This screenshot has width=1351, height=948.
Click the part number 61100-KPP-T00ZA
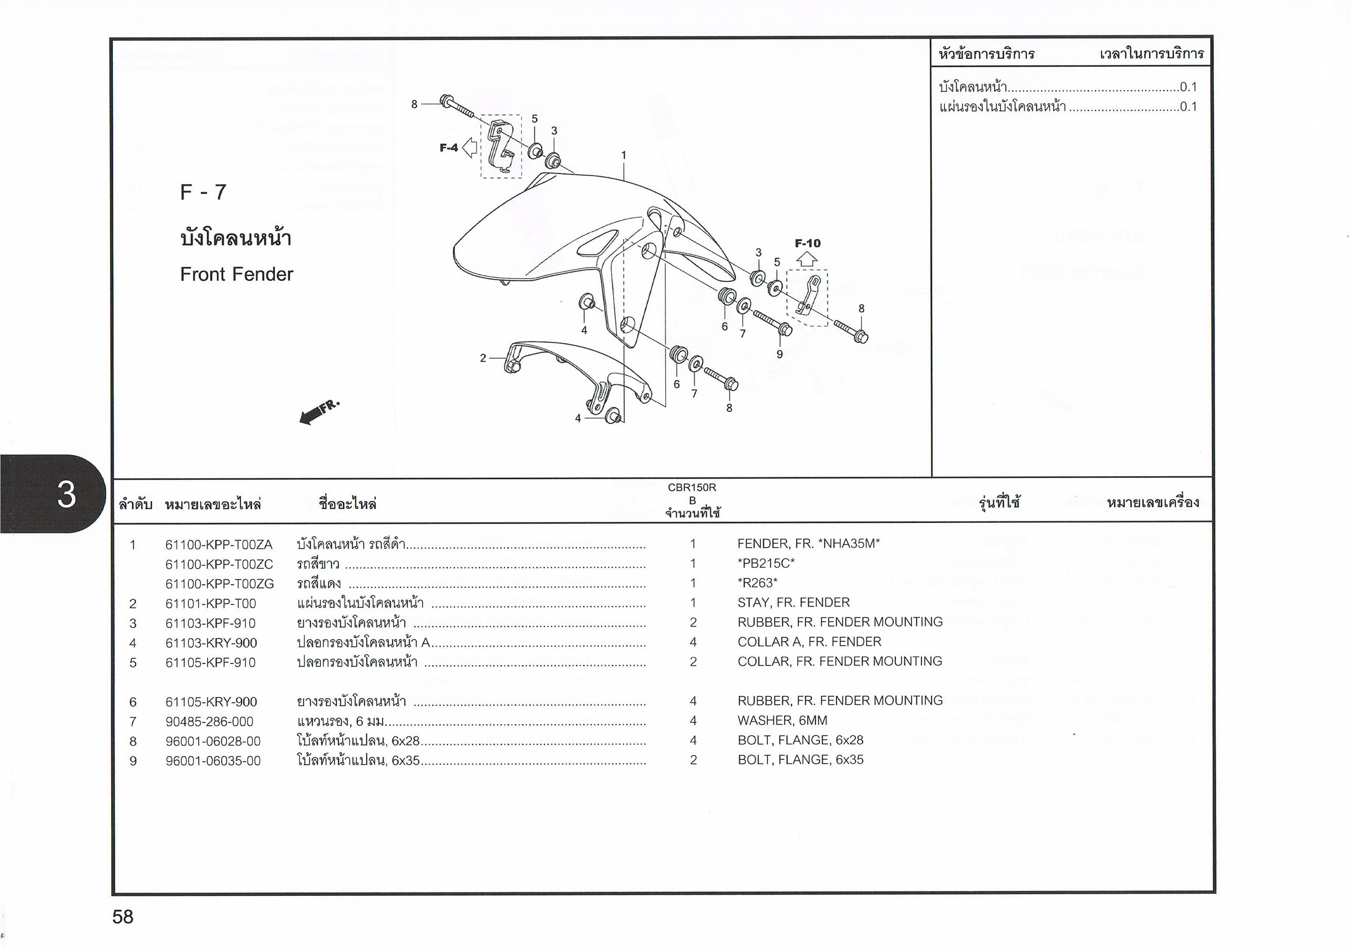tap(219, 545)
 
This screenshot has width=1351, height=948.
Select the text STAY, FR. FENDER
tap(794, 602)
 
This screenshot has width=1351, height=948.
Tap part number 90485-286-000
tap(210, 721)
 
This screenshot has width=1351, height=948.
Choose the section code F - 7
tap(203, 192)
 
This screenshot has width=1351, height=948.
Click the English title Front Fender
tap(237, 274)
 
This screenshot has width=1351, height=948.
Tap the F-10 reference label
tap(807, 243)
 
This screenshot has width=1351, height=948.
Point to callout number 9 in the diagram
tap(780, 355)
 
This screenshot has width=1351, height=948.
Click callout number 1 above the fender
tap(624, 155)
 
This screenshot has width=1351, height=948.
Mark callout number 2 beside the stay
tap(483, 358)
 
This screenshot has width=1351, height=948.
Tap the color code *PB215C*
tap(766, 563)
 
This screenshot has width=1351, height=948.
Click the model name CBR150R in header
tap(692, 488)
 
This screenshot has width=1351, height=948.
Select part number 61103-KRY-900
tap(211, 643)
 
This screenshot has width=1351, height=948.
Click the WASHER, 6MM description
tap(782, 720)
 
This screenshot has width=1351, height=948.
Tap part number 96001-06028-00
tap(213, 741)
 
